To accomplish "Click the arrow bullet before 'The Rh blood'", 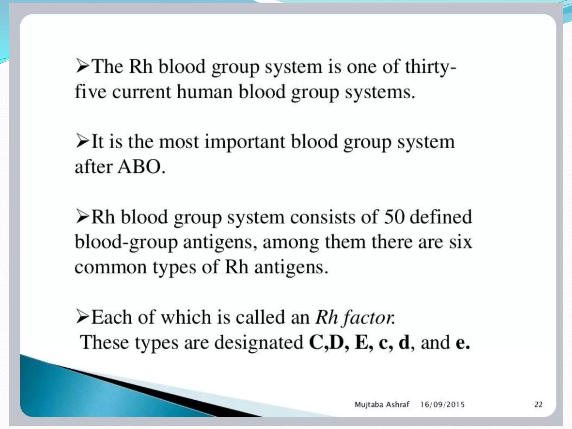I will [82, 66].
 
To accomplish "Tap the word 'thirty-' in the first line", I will [430, 67].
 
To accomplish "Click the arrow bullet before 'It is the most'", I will [82, 141].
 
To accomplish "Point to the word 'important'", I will [245, 142].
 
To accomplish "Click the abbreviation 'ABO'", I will [139, 167].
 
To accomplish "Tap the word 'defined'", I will [440, 217].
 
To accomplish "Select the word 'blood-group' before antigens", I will [126, 242].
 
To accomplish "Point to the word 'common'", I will [110, 267].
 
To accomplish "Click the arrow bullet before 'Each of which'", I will [82, 317].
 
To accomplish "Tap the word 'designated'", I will [259, 342].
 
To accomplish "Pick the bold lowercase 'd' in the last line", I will [404, 342].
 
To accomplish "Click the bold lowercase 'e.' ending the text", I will [462, 343].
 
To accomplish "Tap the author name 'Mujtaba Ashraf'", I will [382, 404].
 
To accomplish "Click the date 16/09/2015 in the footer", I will [442, 404].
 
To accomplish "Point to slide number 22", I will [538, 404].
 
